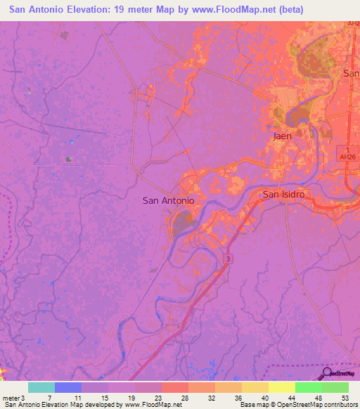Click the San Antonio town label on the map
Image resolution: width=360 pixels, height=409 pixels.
click(168, 200)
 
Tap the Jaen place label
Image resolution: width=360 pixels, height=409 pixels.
click(282, 136)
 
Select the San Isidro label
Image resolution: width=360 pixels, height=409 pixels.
click(283, 193)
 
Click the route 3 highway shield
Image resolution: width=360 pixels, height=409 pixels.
click(228, 259)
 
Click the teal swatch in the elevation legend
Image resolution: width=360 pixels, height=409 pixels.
click(41, 387)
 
